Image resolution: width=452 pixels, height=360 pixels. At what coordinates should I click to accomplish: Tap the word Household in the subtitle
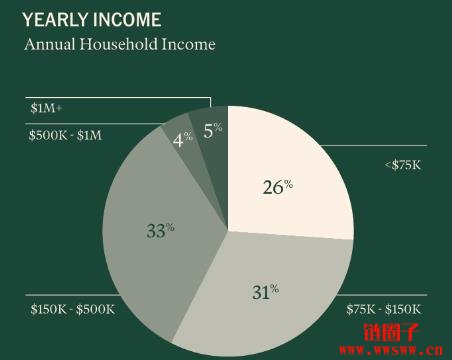119,45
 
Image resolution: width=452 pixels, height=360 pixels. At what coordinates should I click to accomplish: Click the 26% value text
277,187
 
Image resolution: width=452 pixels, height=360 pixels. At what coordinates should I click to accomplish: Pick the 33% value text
160,230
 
